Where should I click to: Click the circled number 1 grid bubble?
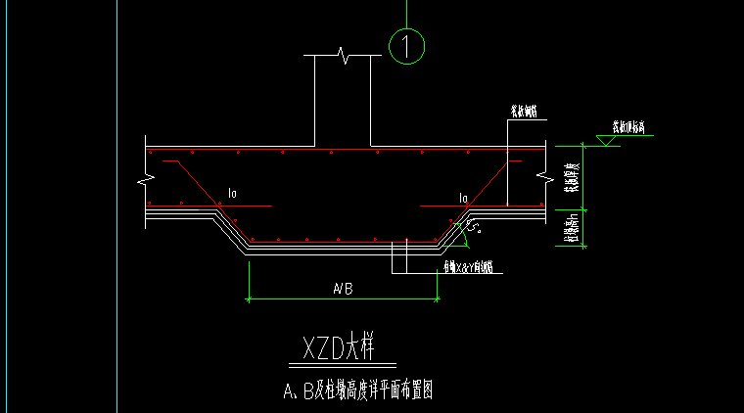[x=406, y=45]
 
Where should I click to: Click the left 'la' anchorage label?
[x=232, y=195]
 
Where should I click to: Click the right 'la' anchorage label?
[x=463, y=198]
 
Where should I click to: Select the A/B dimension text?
[x=342, y=289]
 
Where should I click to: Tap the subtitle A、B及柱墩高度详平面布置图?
[x=357, y=391]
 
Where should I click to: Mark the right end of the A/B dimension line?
[x=437, y=298]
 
